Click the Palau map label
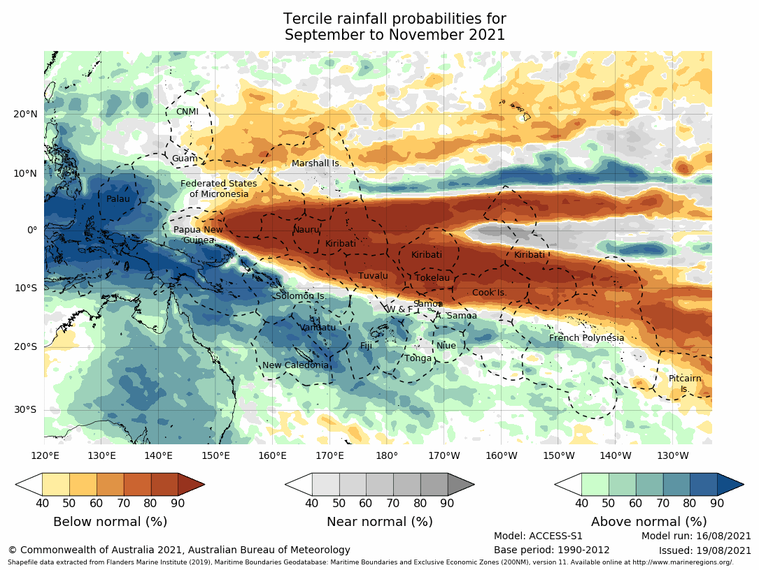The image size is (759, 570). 118,199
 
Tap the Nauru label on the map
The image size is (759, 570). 306,230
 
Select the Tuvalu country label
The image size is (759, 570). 373,276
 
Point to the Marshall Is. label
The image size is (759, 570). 316,163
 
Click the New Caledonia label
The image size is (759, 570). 295,365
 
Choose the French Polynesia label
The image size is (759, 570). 586,338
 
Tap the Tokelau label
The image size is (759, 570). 432,278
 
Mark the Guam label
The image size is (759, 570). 185,159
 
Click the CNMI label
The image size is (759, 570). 187,112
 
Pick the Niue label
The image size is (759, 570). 446,346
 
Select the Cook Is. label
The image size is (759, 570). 489,293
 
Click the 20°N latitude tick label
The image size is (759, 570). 25,115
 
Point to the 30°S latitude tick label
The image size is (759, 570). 26,409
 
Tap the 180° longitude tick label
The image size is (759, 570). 387,456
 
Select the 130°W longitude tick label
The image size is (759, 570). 672,456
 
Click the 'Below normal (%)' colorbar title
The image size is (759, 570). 110,522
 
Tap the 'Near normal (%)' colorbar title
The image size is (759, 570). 379,522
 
